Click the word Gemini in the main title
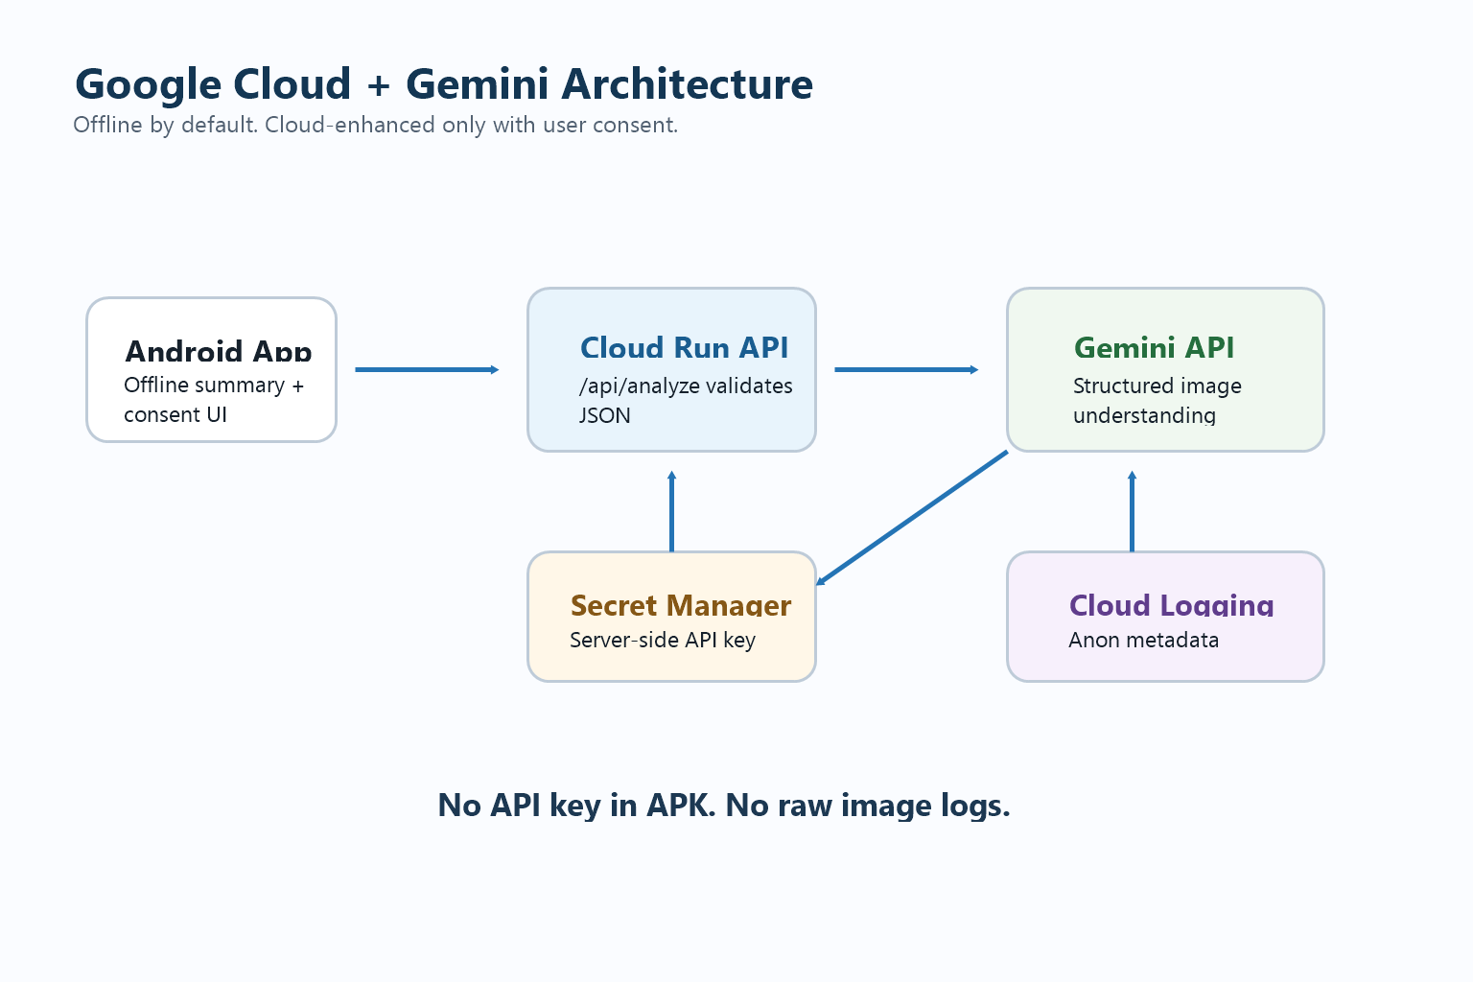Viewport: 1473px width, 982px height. coord(477,84)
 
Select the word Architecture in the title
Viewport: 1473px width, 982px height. coord(688,84)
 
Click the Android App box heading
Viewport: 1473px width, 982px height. coord(219,351)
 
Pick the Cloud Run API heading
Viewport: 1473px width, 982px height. coord(684,347)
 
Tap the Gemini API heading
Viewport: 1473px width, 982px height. coord(1154,347)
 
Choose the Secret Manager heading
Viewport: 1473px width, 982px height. coord(681,605)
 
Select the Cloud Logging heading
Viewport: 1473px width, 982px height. coord(1171,605)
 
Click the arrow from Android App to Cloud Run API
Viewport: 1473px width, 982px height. coord(427,369)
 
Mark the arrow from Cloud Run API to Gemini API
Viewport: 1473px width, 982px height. coord(906,369)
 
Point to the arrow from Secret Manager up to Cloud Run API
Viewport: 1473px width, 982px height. coord(671,511)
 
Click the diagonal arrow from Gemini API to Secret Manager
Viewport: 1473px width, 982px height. coord(912,518)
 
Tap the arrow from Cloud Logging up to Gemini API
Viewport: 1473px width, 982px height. coord(1132,511)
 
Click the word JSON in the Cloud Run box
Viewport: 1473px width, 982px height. coord(604,415)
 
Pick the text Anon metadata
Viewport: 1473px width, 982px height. coord(1143,640)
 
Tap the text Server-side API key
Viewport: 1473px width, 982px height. coord(663,640)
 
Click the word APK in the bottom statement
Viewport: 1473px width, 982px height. coord(681,806)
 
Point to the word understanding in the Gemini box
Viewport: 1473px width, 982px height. coord(1144,415)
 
